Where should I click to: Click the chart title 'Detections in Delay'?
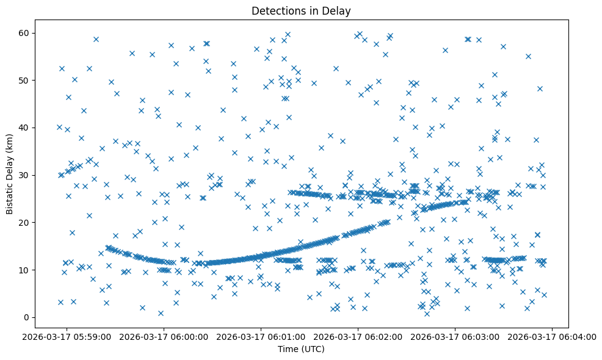click(x=301, y=10)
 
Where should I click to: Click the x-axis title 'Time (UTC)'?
click(x=301, y=349)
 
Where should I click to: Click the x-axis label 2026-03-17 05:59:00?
click(x=67, y=336)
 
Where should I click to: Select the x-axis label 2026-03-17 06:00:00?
click(x=164, y=336)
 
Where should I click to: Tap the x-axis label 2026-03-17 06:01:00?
click(x=261, y=336)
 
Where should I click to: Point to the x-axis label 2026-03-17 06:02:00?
click(x=358, y=336)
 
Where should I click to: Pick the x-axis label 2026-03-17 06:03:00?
click(x=455, y=336)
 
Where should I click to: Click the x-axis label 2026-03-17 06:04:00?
click(x=553, y=336)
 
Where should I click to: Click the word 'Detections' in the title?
click(x=278, y=10)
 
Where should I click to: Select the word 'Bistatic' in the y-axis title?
click(x=10, y=197)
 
